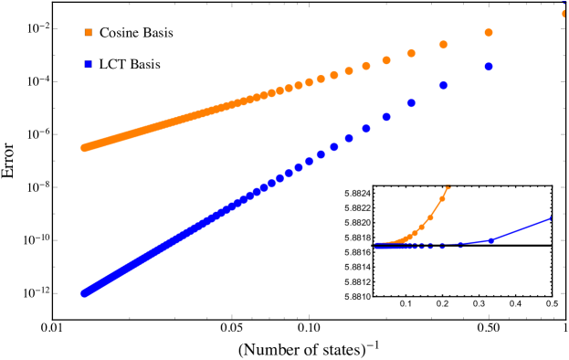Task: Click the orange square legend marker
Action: [89, 32]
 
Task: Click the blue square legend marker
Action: [89, 64]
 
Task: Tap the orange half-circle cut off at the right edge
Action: [564, 14]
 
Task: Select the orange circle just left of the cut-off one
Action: [489, 33]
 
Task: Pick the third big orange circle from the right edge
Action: [443, 44]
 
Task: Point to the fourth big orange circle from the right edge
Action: [411, 53]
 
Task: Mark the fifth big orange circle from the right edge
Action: [386, 60]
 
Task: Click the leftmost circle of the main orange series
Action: [84, 147]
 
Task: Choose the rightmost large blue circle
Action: [489, 67]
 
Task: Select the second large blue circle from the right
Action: [443, 85]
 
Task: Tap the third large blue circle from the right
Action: [411, 102]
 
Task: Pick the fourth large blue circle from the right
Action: [386, 117]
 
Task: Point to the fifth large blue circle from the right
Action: [366, 129]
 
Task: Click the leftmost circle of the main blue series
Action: [84, 293]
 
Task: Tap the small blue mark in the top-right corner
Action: [564, 5]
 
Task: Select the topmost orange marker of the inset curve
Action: [448, 187]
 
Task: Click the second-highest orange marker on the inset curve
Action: [442, 197]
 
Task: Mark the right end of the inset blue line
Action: [552, 217]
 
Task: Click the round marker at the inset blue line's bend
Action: [490, 240]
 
